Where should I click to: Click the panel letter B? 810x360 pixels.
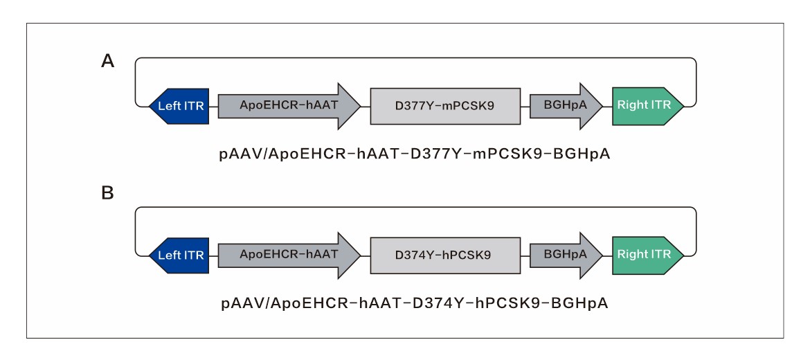click(x=107, y=193)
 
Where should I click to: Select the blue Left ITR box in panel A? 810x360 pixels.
click(x=179, y=106)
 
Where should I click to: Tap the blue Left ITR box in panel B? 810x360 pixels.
click(x=179, y=255)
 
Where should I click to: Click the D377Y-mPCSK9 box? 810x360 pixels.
click(x=444, y=106)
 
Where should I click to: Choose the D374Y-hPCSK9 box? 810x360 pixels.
click(x=444, y=255)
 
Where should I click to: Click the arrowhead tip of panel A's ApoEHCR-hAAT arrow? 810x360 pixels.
click(x=359, y=106)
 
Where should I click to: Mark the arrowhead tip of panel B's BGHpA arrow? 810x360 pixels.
click(x=602, y=255)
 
